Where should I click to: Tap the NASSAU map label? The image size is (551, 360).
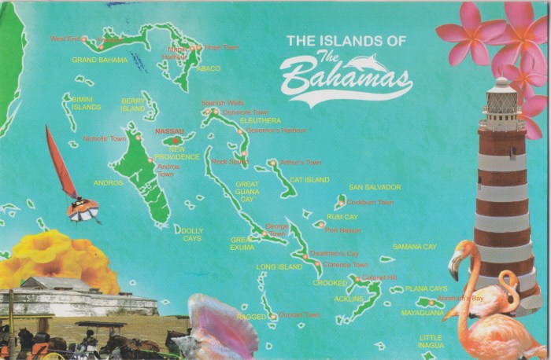click(169, 130)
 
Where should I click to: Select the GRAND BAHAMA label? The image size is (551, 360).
click(100, 59)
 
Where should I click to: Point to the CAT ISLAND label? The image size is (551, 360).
click(309, 180)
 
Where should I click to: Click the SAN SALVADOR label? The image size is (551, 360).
click(375, 187)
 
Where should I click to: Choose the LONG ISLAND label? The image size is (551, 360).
click(279, 267)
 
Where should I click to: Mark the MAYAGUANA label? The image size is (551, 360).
click(423, 313)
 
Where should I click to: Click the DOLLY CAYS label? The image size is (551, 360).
click(192, 234)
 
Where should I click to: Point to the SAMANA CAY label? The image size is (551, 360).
click(414, 247)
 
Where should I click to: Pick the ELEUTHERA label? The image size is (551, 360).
click(260, 121)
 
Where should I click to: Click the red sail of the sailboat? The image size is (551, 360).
click(59, 161)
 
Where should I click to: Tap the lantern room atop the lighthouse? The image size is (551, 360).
click(501, 99)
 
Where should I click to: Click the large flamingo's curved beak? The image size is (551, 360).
click(454, 267)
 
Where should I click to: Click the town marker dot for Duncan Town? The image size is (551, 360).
click(273, 317)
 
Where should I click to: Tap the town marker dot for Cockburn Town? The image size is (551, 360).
click(342, 203)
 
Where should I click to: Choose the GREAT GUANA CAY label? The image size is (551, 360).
click(246, 192)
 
